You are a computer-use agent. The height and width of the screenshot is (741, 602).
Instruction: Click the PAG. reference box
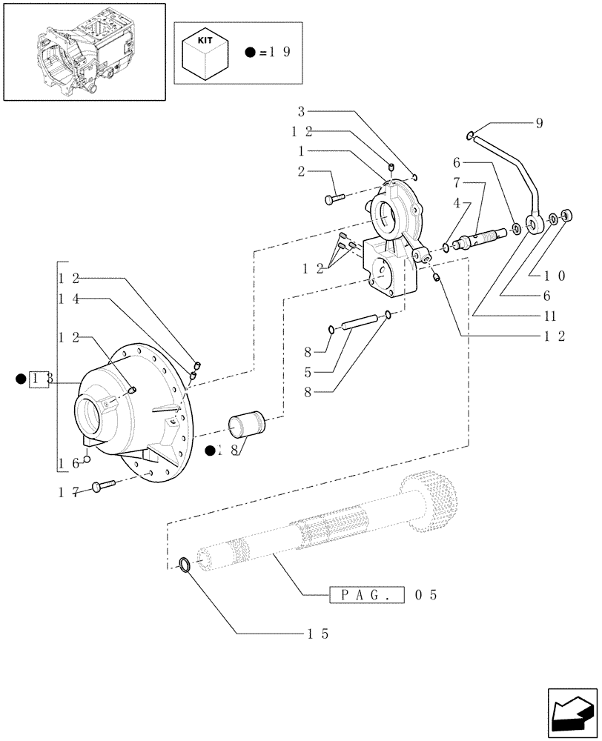[365, 595]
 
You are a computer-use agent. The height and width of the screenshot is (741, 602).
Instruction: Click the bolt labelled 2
[334, 198]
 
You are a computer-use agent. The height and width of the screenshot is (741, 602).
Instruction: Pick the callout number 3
[301, 113]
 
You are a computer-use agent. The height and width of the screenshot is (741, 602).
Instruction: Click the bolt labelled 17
[104, 486]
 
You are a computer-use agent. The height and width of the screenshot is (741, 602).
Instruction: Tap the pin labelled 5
[360, 324]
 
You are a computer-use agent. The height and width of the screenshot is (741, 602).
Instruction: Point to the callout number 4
[458, 202]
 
